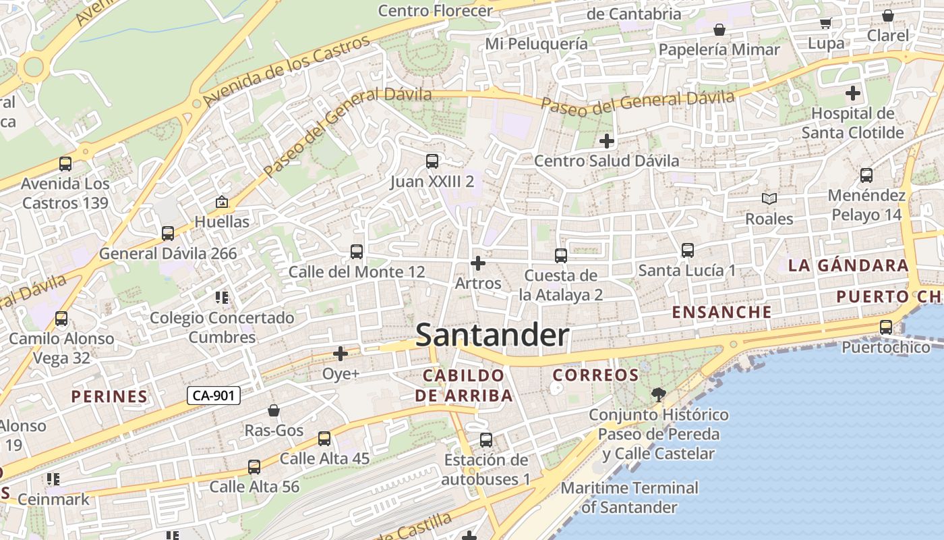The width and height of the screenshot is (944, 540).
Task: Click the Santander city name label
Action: point(492,335)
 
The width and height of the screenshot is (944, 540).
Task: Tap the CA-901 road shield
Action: point(213,396)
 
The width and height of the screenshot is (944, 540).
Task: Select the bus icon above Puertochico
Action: point(886,327)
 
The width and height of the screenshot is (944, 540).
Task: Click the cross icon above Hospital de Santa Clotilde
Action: point(853,93)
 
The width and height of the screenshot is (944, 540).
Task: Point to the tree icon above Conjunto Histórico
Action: point(659,394)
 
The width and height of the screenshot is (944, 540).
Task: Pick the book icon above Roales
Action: point(769,199)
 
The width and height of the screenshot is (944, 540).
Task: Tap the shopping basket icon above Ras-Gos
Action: point(274,410)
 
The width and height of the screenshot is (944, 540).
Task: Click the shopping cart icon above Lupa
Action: point(826,24)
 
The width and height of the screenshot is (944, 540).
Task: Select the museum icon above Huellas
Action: point(221,202)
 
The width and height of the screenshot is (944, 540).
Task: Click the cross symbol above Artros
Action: point(478,263)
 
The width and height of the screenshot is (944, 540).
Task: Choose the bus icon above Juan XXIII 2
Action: point(432,161)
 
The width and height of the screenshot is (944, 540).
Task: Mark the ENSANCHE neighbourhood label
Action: point(721,312)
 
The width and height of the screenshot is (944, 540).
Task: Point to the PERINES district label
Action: point(109,396)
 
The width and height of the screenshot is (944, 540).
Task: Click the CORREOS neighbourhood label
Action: point(595,375)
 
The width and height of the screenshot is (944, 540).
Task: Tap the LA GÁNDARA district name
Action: point(848,265)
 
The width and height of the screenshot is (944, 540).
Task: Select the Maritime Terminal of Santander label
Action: point(629,497)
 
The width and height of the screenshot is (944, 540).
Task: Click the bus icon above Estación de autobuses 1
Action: point(486,440)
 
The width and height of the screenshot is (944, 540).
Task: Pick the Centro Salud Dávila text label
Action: point(606,161)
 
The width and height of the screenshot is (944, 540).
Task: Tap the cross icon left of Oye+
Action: point(341,353)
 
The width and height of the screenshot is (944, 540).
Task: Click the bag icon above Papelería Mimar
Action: point(719,30)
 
